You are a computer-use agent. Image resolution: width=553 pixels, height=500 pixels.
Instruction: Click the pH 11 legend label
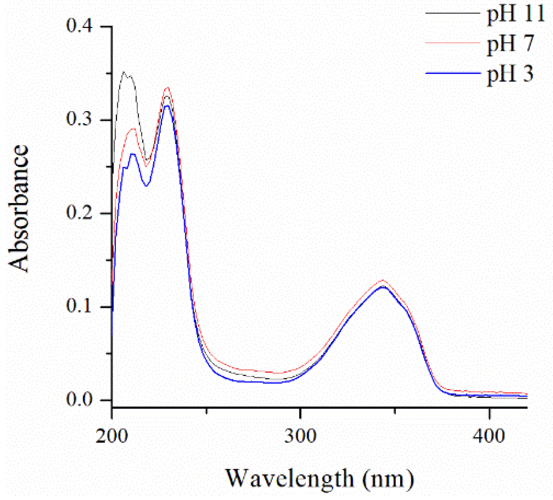click(x=516, y=15)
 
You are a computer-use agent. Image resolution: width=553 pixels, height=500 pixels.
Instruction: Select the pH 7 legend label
click(x=510, y=44)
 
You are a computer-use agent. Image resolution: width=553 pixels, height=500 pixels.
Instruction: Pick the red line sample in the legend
click(x=453, y=43)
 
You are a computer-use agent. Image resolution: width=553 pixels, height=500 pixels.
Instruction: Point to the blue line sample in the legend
click(x=453, y=73)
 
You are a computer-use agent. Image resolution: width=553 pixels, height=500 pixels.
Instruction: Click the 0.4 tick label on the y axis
click(x=79, y=26)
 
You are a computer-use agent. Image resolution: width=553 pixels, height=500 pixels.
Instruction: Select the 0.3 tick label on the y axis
click(x=79, y=120)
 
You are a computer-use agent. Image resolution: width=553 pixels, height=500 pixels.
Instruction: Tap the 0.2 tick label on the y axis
click(x=79, y=213)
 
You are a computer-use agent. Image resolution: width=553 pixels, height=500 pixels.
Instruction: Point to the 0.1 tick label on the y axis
click(x=79, y=306)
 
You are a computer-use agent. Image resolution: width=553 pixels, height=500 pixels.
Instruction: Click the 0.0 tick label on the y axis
click(x=79, y=400)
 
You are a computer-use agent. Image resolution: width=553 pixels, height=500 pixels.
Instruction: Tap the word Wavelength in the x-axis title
click(x=290, y=478)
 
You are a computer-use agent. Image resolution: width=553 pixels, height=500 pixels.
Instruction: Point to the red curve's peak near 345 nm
click(x=382, y=280)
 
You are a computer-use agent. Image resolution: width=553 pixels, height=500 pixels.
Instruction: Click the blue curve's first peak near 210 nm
click(x=132, y=154)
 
